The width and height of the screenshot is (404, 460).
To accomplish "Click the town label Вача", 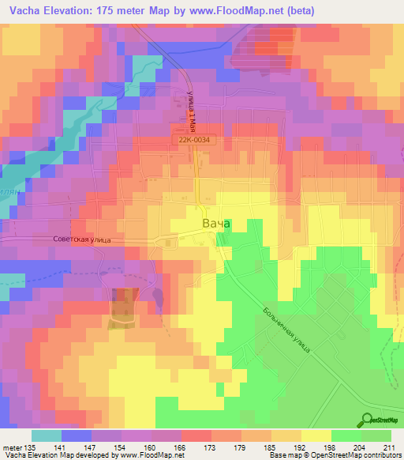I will tap(216, 224).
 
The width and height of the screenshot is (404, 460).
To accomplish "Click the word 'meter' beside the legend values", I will tap(11, 447).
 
